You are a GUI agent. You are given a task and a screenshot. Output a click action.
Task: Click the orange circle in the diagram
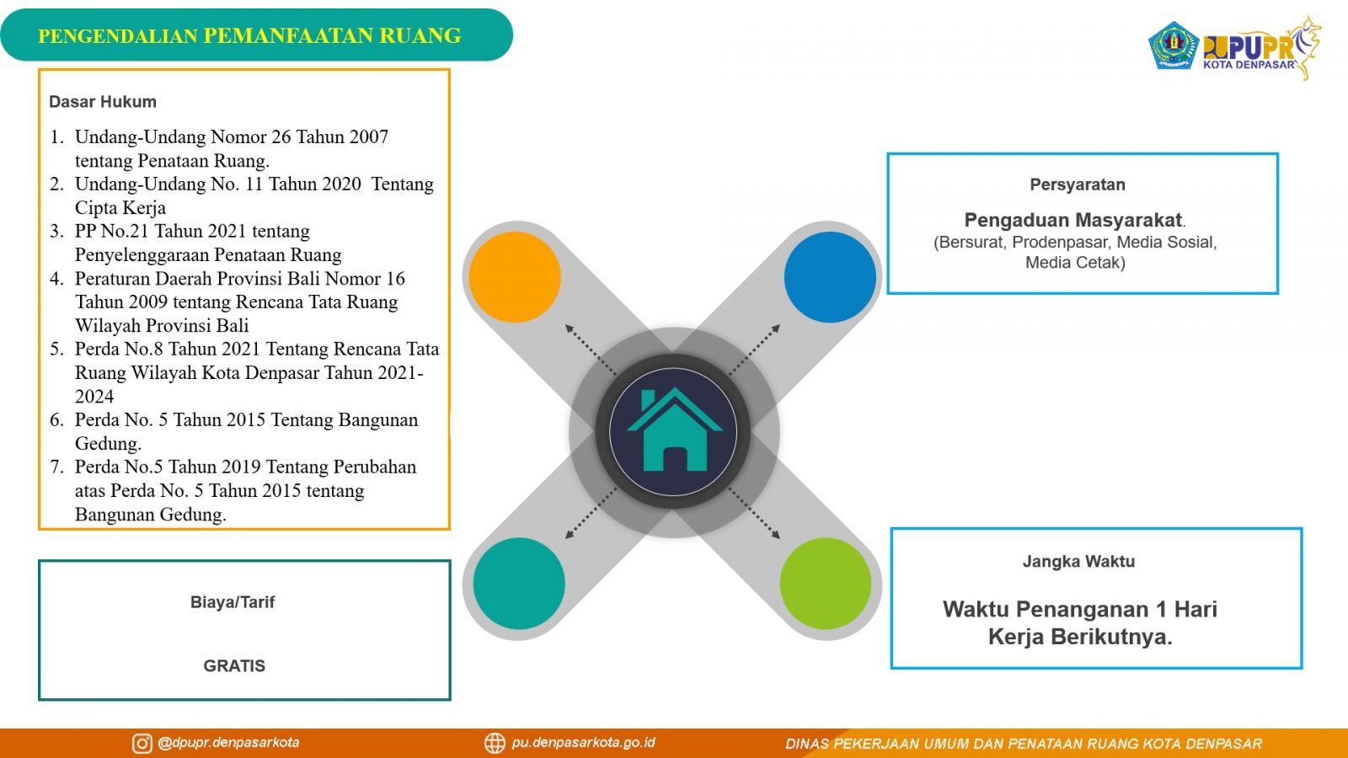pyautogui.click(x=515, y=277)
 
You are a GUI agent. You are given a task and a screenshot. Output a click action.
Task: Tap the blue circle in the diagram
pyautogui.click(x=830, y=277)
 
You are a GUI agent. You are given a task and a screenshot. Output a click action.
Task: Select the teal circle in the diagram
pyautogui.click(x=519, y=584)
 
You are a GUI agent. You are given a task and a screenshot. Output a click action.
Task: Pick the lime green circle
pyautogui.click(x=826, y=584)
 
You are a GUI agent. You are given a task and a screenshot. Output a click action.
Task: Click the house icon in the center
pyautogui.click(x=674, y=430)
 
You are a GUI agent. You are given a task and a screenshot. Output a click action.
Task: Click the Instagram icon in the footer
pyautogui.click(x=142, y=744)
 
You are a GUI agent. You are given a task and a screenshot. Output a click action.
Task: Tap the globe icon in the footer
pyautogui.click(x=495, y=744)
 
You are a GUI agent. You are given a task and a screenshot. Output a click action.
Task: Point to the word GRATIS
pyautogui.click(x=234, y=666)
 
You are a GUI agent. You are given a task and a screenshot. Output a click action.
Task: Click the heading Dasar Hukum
pyautogui.click(x=103, y=102)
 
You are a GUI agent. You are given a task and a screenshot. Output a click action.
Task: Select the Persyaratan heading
pyautogui.click(x=1078, y=184)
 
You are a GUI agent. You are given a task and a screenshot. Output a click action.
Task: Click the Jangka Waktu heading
pyautogui.click(x=1078, y=561)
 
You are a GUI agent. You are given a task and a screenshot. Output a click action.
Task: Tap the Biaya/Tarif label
pyautogui.click(x=233, y=602)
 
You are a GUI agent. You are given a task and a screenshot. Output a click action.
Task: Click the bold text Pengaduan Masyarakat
pyautogui.click(x=1073, y=220)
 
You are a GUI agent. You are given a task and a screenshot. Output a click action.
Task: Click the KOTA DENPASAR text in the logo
pyautogui.click(x=1249, y=65)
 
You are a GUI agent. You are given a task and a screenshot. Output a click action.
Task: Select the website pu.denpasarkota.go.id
pyautogui.click(x=583, y=743)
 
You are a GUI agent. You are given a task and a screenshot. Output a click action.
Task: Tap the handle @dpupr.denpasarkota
pyautogui.click(x=228, y=743)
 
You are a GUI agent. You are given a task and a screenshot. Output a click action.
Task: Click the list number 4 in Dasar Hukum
pyautogui.click(x=56, y=279)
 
